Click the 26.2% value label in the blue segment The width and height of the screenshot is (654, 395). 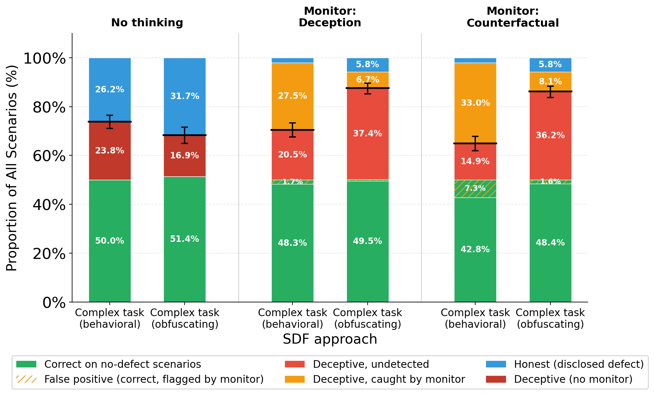(x=109, y=90)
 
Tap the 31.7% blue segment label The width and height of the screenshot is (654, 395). (x=185, y=96)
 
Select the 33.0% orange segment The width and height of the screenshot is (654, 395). (x=475, y=103)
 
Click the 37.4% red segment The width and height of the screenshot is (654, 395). (x=367, y=134)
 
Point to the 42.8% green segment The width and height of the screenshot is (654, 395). (x=475, y=249)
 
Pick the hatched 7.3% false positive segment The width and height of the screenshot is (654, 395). (x=475, y=189)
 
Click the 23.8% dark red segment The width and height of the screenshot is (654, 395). (x=109, y=151)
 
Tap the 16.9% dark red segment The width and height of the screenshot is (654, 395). (x=185, y=156)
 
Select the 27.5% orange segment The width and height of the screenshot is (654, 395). (x=292, y=96)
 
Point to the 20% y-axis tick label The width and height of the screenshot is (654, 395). (x=49, y=254)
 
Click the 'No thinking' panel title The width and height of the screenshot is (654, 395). (x=147, y=23)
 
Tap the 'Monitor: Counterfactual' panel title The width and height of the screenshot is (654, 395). (x=513, y=17)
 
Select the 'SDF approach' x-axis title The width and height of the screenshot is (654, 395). (x=330, y=339)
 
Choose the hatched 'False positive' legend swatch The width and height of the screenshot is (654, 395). (x=26, y=379)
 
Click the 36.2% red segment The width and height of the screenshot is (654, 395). (x=550, y=135)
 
